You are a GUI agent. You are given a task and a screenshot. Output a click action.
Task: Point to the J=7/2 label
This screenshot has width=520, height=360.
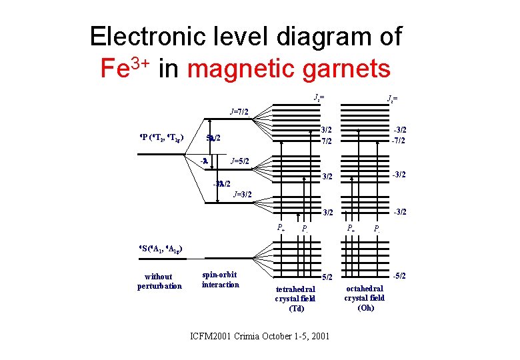coord(239,111)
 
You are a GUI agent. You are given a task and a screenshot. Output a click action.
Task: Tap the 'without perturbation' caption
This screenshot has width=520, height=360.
coord(159,281)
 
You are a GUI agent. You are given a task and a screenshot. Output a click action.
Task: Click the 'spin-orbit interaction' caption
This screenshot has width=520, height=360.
coord(220,280)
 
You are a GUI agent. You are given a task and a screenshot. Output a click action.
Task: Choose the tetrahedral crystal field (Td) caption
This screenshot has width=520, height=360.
coord(295,299)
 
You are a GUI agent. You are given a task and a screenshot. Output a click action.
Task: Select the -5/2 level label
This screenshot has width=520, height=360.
coord(401,275)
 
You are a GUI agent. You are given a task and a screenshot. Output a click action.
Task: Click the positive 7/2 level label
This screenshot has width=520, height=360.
coord(327,141)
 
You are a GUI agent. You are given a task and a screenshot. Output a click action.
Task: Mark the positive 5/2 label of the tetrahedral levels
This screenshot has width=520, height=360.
coord(327,276)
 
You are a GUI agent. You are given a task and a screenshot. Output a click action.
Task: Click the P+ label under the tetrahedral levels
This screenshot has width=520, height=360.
coord(281,228)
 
